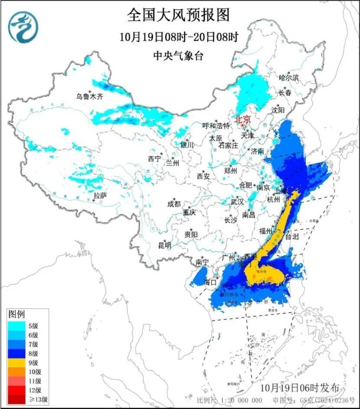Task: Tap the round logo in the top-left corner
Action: click(24, 27)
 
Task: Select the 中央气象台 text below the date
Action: click(178, 55)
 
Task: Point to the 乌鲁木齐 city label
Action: click(90, 97)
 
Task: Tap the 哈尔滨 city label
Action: click(289, 78)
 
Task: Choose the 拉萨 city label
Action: click(100, 196)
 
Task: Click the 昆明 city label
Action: click(165, 245)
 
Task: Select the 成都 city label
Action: click(174, 203)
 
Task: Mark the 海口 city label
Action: click(210, 282)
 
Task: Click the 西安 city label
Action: click(203, 176)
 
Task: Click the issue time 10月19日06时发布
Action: click(300, 387)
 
